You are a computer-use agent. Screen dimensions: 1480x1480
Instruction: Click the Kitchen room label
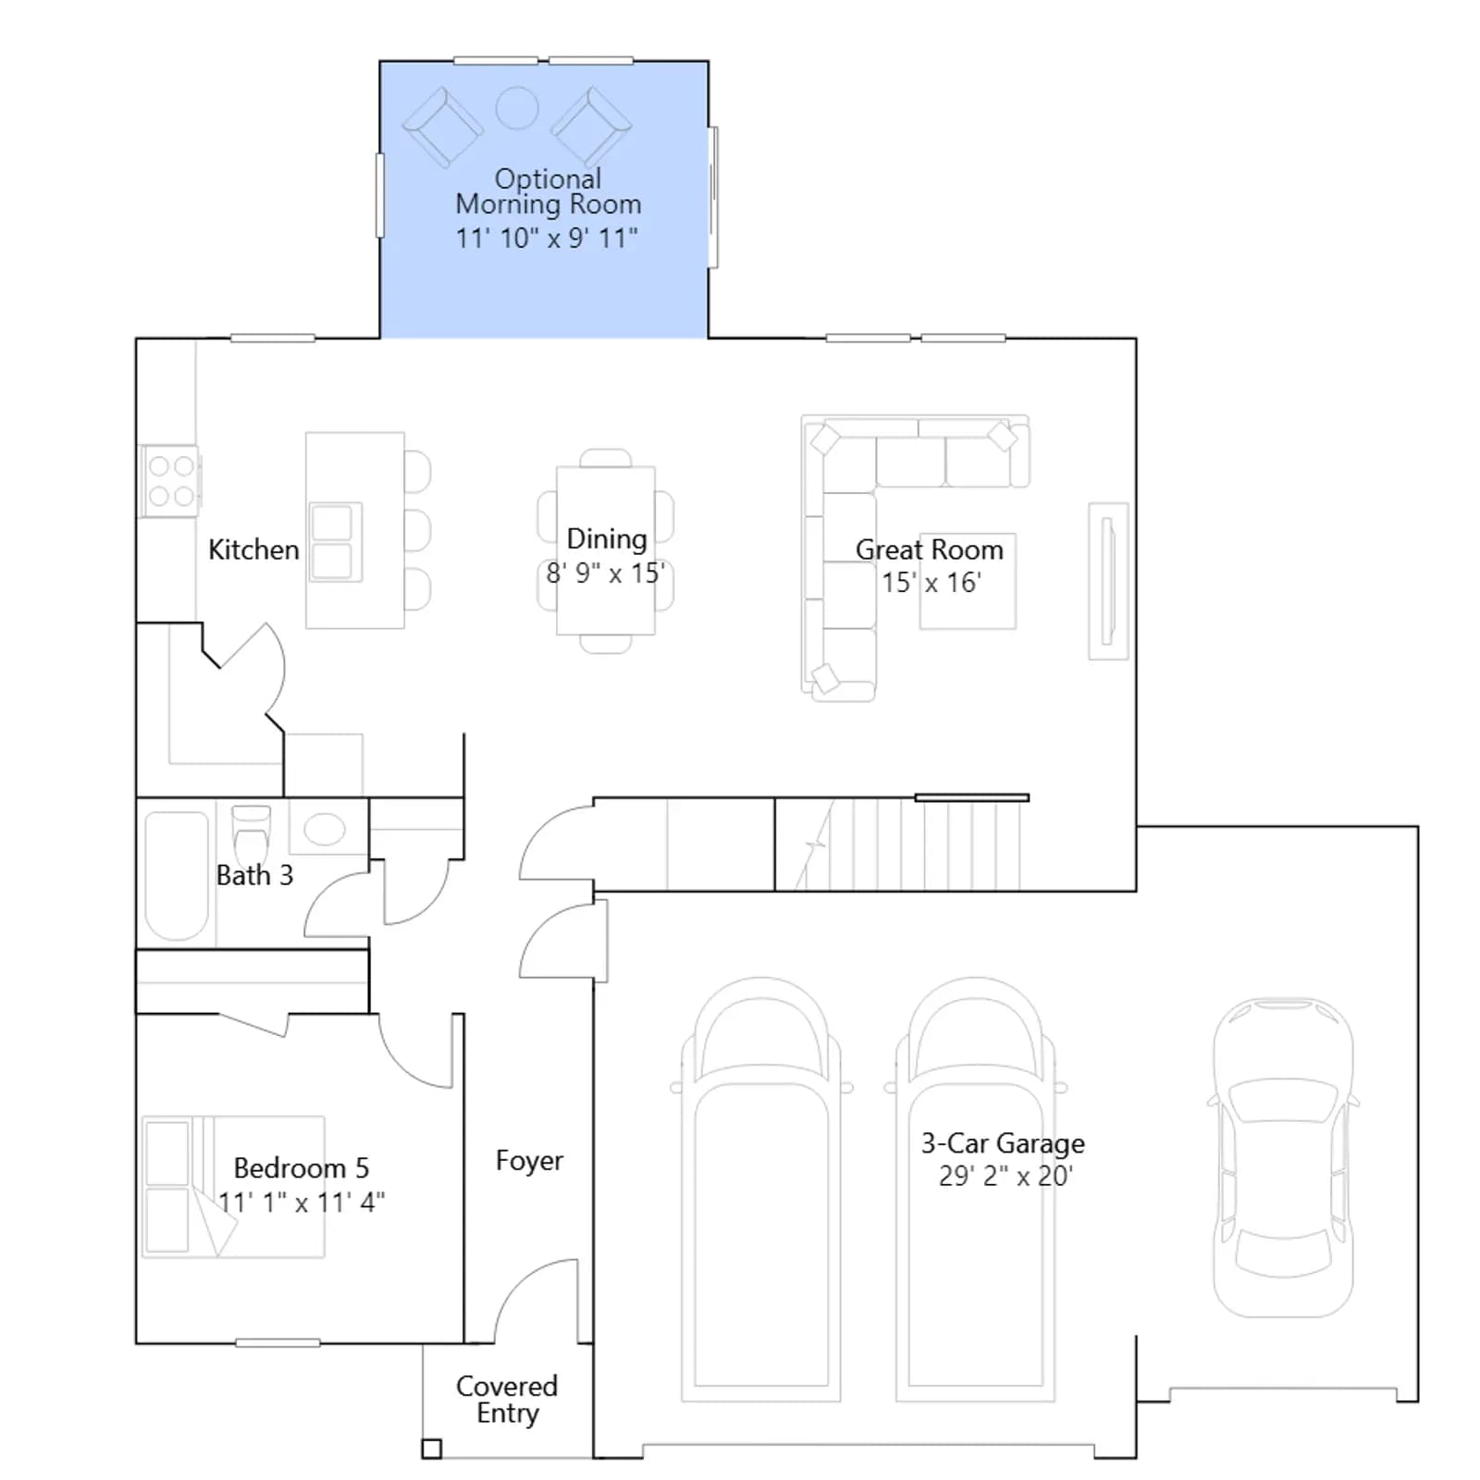[253, 549]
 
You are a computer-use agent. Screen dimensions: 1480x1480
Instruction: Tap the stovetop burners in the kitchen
[171, 481]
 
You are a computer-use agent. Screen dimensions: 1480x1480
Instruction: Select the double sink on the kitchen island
[333, 542]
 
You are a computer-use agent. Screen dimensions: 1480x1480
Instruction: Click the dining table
[606, 551]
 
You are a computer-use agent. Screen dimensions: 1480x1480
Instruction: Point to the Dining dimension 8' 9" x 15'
[606, 573]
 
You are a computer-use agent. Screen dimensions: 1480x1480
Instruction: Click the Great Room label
[929, 549]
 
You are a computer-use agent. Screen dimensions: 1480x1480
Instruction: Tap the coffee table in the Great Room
[968, 582]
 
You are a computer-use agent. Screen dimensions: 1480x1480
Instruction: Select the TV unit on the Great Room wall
[1108, 581]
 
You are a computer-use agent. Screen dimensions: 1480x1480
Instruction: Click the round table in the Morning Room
[517, 108]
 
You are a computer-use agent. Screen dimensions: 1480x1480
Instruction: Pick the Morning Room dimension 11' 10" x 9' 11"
[547, 238]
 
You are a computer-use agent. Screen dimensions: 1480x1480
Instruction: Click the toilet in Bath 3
[251, 833]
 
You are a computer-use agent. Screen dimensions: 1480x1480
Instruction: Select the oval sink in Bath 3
[325, 829]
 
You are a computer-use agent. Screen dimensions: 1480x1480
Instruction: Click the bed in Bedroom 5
[233, 1187]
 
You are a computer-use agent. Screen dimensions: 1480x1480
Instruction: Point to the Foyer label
[529, 1161]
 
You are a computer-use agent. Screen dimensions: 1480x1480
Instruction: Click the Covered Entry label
[507, 1400]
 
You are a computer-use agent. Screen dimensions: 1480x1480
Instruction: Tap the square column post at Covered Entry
[431, 1449]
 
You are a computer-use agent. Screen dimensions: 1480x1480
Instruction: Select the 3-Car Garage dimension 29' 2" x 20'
[1005, 1176]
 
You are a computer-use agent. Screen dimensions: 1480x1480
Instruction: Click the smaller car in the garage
[1283, 1157]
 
